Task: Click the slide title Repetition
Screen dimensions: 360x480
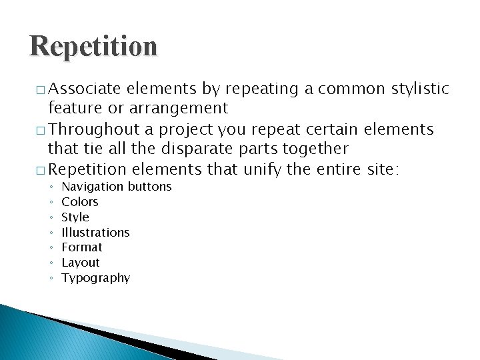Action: pos(93,47)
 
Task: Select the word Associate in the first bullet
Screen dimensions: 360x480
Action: pos(85,89)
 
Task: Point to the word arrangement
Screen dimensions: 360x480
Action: pos(179,108)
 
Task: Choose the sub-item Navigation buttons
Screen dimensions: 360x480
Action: pos(117,187)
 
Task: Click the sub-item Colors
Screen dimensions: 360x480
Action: pos(80,202)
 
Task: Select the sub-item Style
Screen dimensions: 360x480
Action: pos(75,217)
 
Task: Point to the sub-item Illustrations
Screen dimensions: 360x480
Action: pos(95,233)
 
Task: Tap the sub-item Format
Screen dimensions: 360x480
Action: pos(82,247)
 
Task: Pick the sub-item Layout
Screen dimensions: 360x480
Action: pos(81,263)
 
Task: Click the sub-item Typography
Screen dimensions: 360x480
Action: pos(96,278)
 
